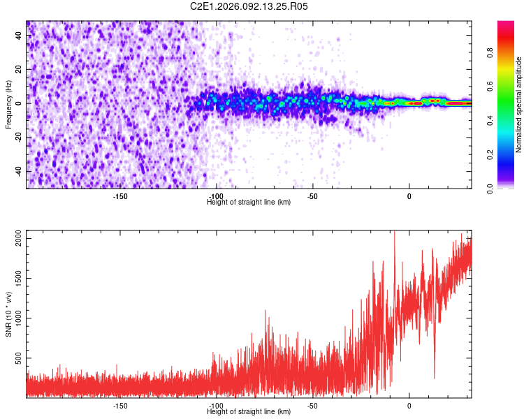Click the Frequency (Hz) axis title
tap(8, 104)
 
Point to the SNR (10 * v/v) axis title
tap(8, 314)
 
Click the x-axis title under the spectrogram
tap(249, 203)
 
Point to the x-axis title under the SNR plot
tap(249, 412)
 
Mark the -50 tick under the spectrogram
tap(312, 196)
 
